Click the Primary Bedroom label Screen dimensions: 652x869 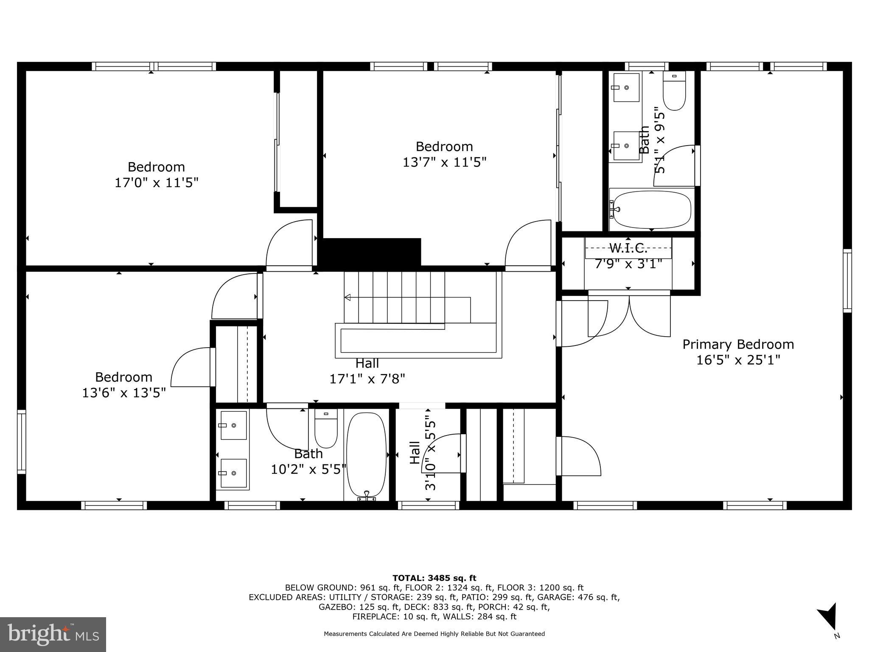click(x=738, y=344)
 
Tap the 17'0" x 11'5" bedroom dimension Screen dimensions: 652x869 click(x=157, y=183)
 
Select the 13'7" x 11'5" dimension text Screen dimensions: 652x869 click(x=444, y=162)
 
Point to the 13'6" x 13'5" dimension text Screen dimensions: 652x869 click(x=123, y=393)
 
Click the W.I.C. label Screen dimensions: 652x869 click(x=628, y=248)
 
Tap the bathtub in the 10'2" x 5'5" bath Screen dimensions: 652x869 click(x=367, y=454)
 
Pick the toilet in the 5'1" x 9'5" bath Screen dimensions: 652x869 click(x=674, y=92)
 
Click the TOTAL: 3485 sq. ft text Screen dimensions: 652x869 click(x=434, y=578)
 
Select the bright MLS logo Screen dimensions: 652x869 click(x=53, y=634)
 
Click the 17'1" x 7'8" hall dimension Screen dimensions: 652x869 click(x=367, y=379)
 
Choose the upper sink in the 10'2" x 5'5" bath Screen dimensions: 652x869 click(x=233, y=425)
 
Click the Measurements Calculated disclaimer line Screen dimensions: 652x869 click(x=434, y=634)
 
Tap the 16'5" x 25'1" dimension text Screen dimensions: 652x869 click(x=738, y=360)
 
